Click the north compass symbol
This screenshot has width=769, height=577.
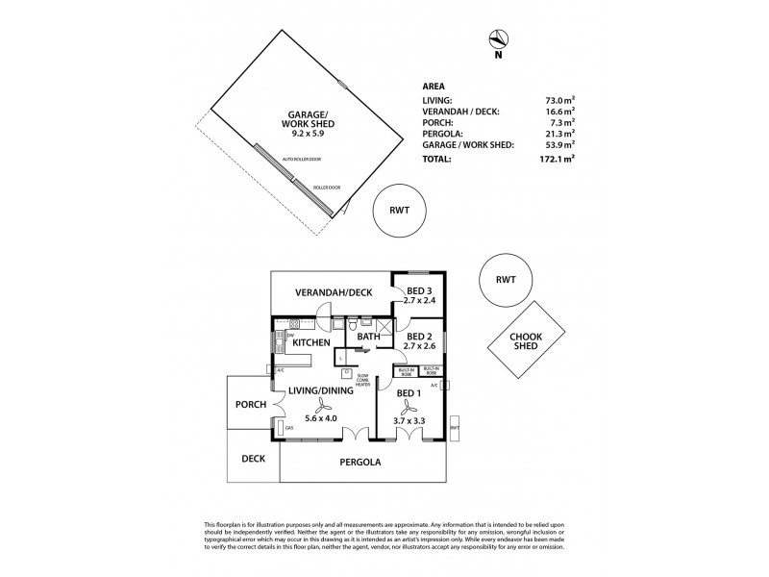tap(497, 39)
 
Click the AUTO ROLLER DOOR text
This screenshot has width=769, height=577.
tap(299, 159)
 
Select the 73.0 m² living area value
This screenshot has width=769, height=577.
tap(558, 100)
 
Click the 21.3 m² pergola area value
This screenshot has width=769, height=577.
tap(558, 134)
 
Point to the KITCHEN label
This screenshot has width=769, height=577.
tap(311, 342)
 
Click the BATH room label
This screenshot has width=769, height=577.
tap(369, 337)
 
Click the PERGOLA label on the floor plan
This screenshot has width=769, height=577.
tap(362, 463)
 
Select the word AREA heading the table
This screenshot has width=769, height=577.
tap(434, 85)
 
